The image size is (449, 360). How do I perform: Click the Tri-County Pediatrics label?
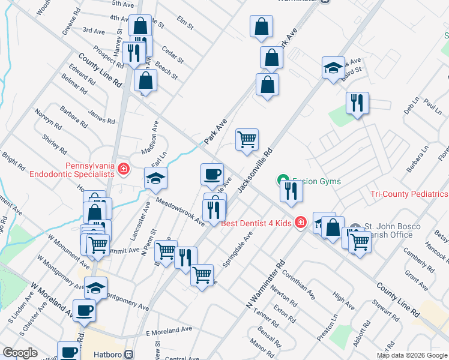[x=408, y=194]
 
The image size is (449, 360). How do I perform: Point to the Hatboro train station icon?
[x=128, y=355]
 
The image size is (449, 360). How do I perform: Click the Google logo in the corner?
[x=19, y=353]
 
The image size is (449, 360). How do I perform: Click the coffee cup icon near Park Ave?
[x=212, y=174]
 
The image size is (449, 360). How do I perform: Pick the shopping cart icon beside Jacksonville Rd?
[x=247, y=140]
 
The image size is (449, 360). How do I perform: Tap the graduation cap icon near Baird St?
[x=333, y=68]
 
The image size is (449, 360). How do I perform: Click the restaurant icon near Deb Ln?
[x=357, y=103]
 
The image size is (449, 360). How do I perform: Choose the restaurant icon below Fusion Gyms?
[x=291, y=191]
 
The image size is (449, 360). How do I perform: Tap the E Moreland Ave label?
[x=169, y=330]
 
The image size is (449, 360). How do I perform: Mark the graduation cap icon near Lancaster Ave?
[x=155, y=178]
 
